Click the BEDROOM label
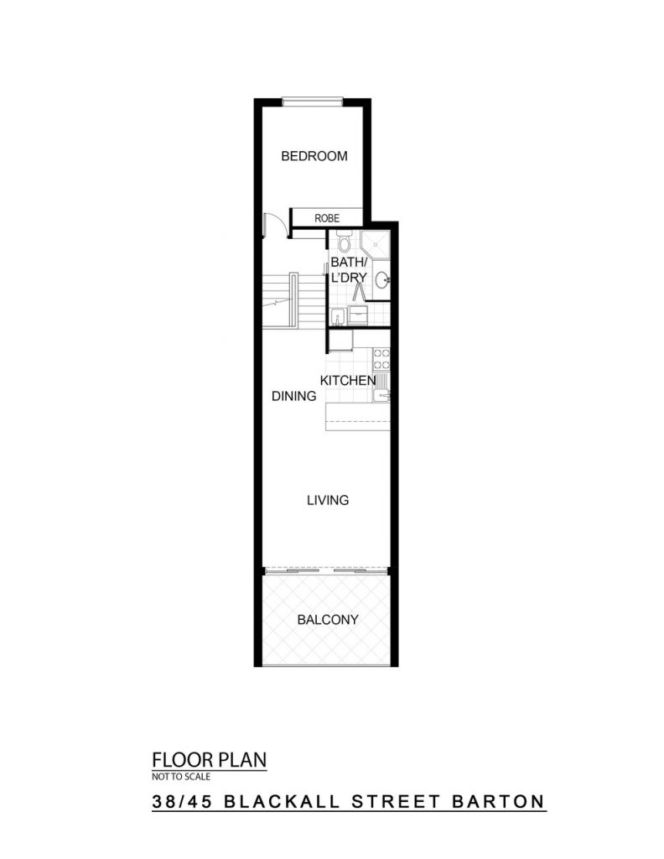click(x=314, y=156)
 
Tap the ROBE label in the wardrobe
click(x=327, y=218)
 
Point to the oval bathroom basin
click(x=382, y=280)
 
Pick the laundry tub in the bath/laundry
click(x=338, y=317)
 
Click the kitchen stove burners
click(x=381, y=358)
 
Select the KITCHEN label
click(x=348, y=380)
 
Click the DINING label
click(x=294, y=396)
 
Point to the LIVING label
click(x=328, y=500)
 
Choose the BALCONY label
click(x=328, y=620)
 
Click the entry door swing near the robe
click(x=272, y=225)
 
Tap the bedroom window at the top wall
click(x=312, y=102)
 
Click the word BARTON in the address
click(x=498, y=801)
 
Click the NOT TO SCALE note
click(x=181, y=776)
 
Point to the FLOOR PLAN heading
click(x=209, y=760)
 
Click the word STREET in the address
click(x=396, y=801)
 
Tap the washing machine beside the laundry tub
click(x=357, y=316)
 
